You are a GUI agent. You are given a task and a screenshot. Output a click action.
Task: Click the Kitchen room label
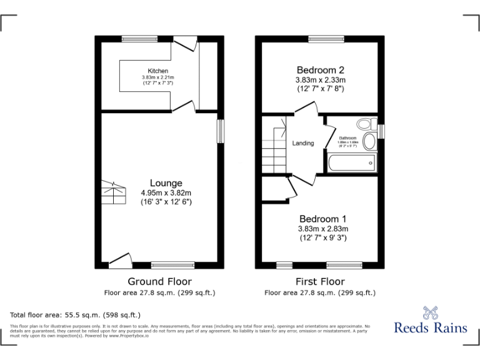pyautogui.click(x=157, y=71)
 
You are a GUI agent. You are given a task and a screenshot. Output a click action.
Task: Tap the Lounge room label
pyautogui.click(x=166, y=182)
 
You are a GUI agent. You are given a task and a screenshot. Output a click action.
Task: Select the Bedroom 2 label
pyautogui.click(x=320, y=70)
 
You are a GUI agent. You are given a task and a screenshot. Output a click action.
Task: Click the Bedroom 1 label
pyautogui.click(x=322, y=219)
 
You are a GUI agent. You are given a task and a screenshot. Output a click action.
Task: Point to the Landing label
pyautogui.click(x=303, y=143)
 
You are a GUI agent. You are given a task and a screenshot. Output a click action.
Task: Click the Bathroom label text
pyautogui.click(x=347, y=137)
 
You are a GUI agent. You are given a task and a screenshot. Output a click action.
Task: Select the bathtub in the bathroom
pyautogui.click(x=351, y=164)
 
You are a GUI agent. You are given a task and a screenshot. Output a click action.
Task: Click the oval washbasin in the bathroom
pyautogui.click(x=369, y=141)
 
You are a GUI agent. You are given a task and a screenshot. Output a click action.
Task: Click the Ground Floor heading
pyautogui.click(x=159, y=281)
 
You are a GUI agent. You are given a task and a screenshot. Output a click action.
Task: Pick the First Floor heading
pyautogui.click(x=320, y=281)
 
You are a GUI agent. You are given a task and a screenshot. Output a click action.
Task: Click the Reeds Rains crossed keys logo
pyautogui.click(x=431, y=312)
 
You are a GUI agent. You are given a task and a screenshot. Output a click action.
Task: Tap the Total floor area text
pyautogui.click(x=76, y=315)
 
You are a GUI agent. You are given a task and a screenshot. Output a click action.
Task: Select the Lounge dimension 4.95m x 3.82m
pyautogui.click(x=166, y=192)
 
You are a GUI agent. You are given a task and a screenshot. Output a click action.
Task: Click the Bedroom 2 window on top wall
pyautogui.click(x=321, y=39)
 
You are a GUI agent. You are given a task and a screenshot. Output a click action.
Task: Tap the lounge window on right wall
pyautogui.click(x=220, y=131)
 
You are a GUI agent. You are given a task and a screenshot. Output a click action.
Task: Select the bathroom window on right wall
pyautogui.click(x=381, y=131)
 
